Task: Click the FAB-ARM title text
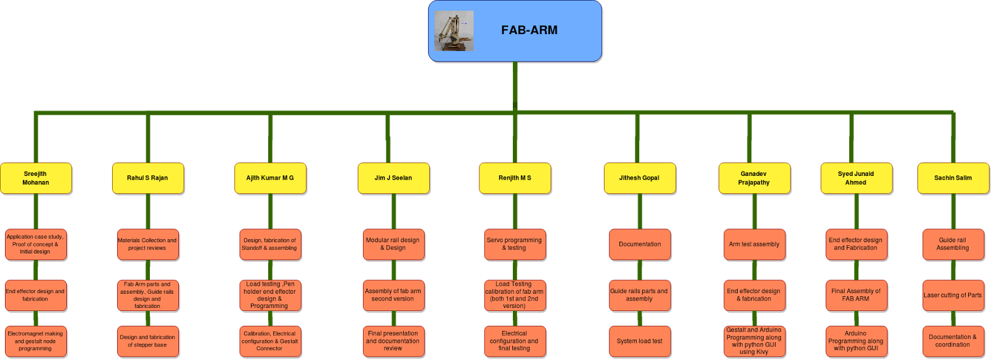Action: point(529,30)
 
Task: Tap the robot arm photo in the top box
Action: point(454,31)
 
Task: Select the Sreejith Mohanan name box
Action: point(36,178)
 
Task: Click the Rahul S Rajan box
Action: point(147,178)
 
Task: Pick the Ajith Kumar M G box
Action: point(270,178)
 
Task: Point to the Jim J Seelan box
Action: point(393,178)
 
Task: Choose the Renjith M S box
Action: point(515,178)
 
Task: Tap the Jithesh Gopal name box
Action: point(639,178)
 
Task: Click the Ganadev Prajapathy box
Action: point(754,178)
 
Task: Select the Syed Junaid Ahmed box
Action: point(856,178)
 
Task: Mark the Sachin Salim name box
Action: point(953,178)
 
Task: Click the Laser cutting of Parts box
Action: point(953,295)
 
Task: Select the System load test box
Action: point(639,341)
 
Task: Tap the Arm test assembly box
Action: point(754,244)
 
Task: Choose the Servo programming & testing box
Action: point(514,244)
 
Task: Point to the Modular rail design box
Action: point(393,244)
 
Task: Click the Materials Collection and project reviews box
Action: point(147,244)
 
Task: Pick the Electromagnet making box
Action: point(35,341)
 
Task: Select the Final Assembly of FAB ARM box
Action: point(856,295)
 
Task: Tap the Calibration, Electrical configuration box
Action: point(270,341)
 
